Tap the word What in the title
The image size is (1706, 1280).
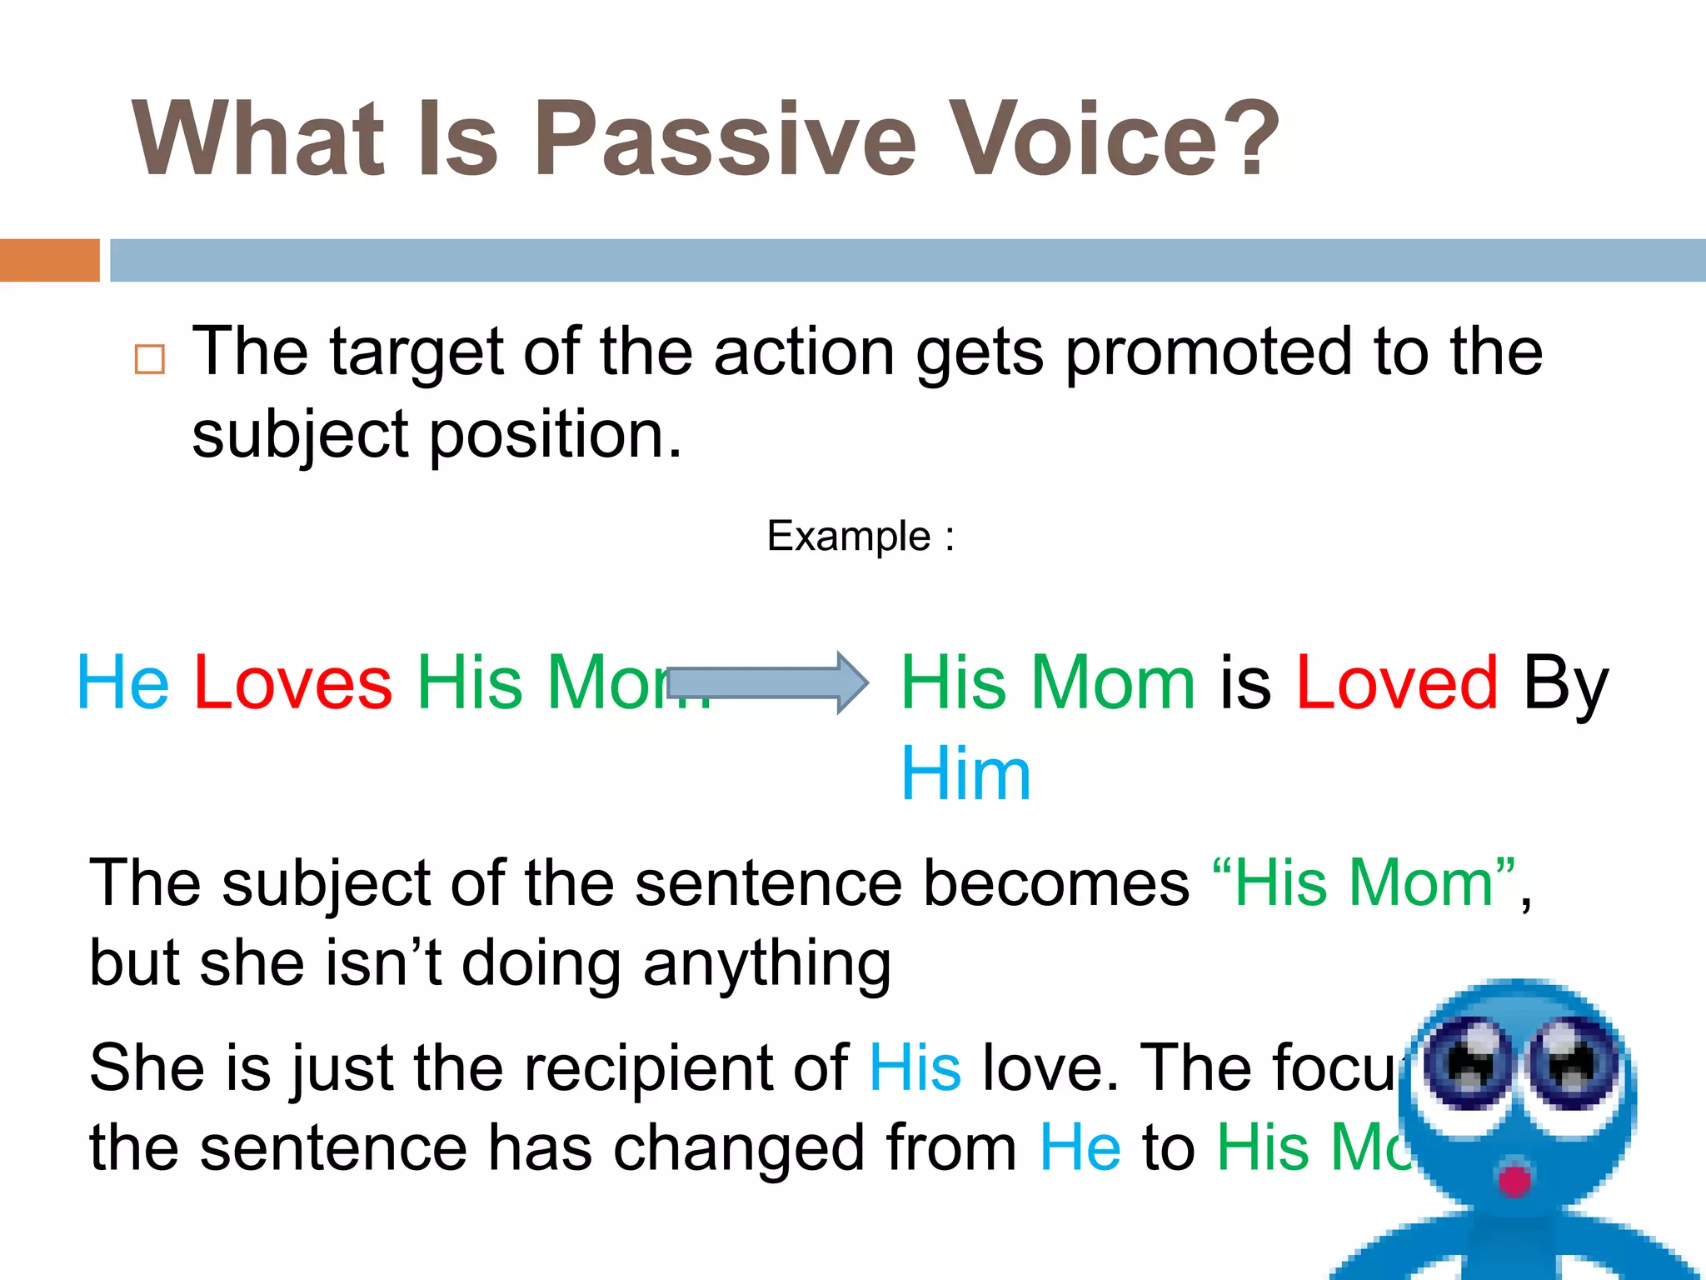click(x=258, y=138)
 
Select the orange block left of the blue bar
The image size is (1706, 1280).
click(x=49, y=260)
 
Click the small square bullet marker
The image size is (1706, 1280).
click(x=150, y=359)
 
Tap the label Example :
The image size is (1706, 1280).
click(x=860, y=536)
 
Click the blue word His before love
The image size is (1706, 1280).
click(x=915, y=1068)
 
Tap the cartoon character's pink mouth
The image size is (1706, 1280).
click(x=1514, y=1180)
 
